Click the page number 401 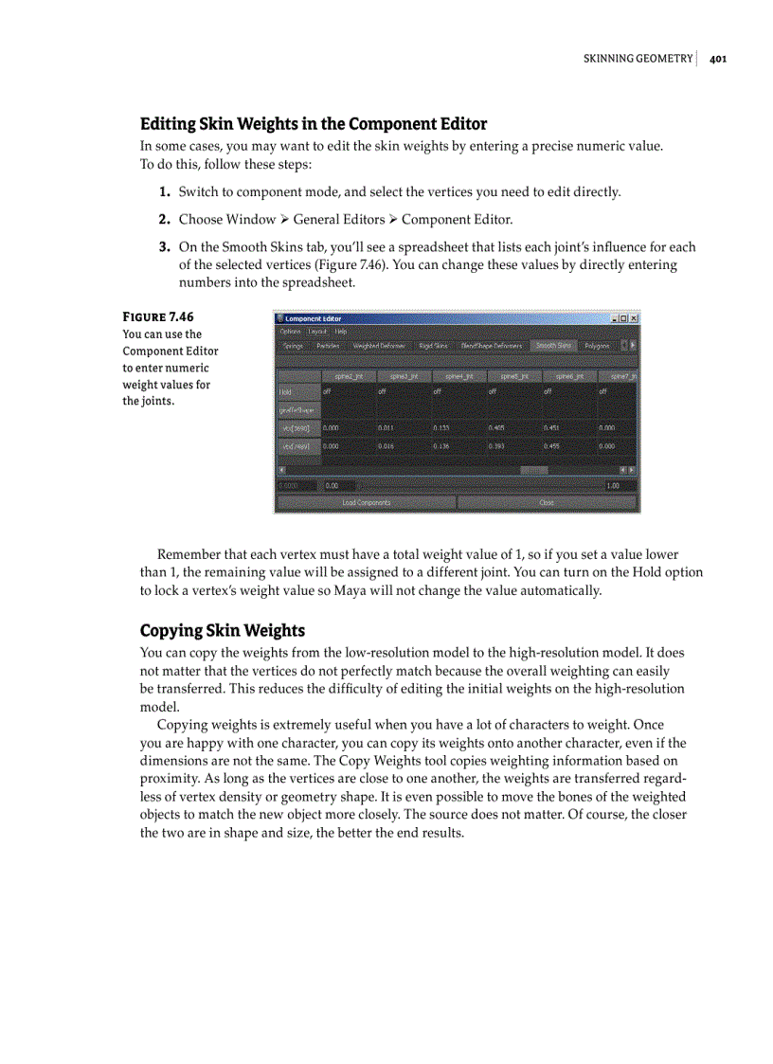(717, 59)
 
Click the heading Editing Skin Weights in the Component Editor (314, 124)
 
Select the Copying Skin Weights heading (223, 631)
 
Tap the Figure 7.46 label (158, 316)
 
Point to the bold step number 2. (165, 219)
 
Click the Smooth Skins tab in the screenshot (552, 346)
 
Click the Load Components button (366, 502)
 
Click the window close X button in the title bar (634, 319)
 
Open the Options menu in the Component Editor (290, 332)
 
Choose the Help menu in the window (340, 332)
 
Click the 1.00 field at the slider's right (620, 485)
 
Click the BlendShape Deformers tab (491, 346)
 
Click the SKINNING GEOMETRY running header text (637, 59)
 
